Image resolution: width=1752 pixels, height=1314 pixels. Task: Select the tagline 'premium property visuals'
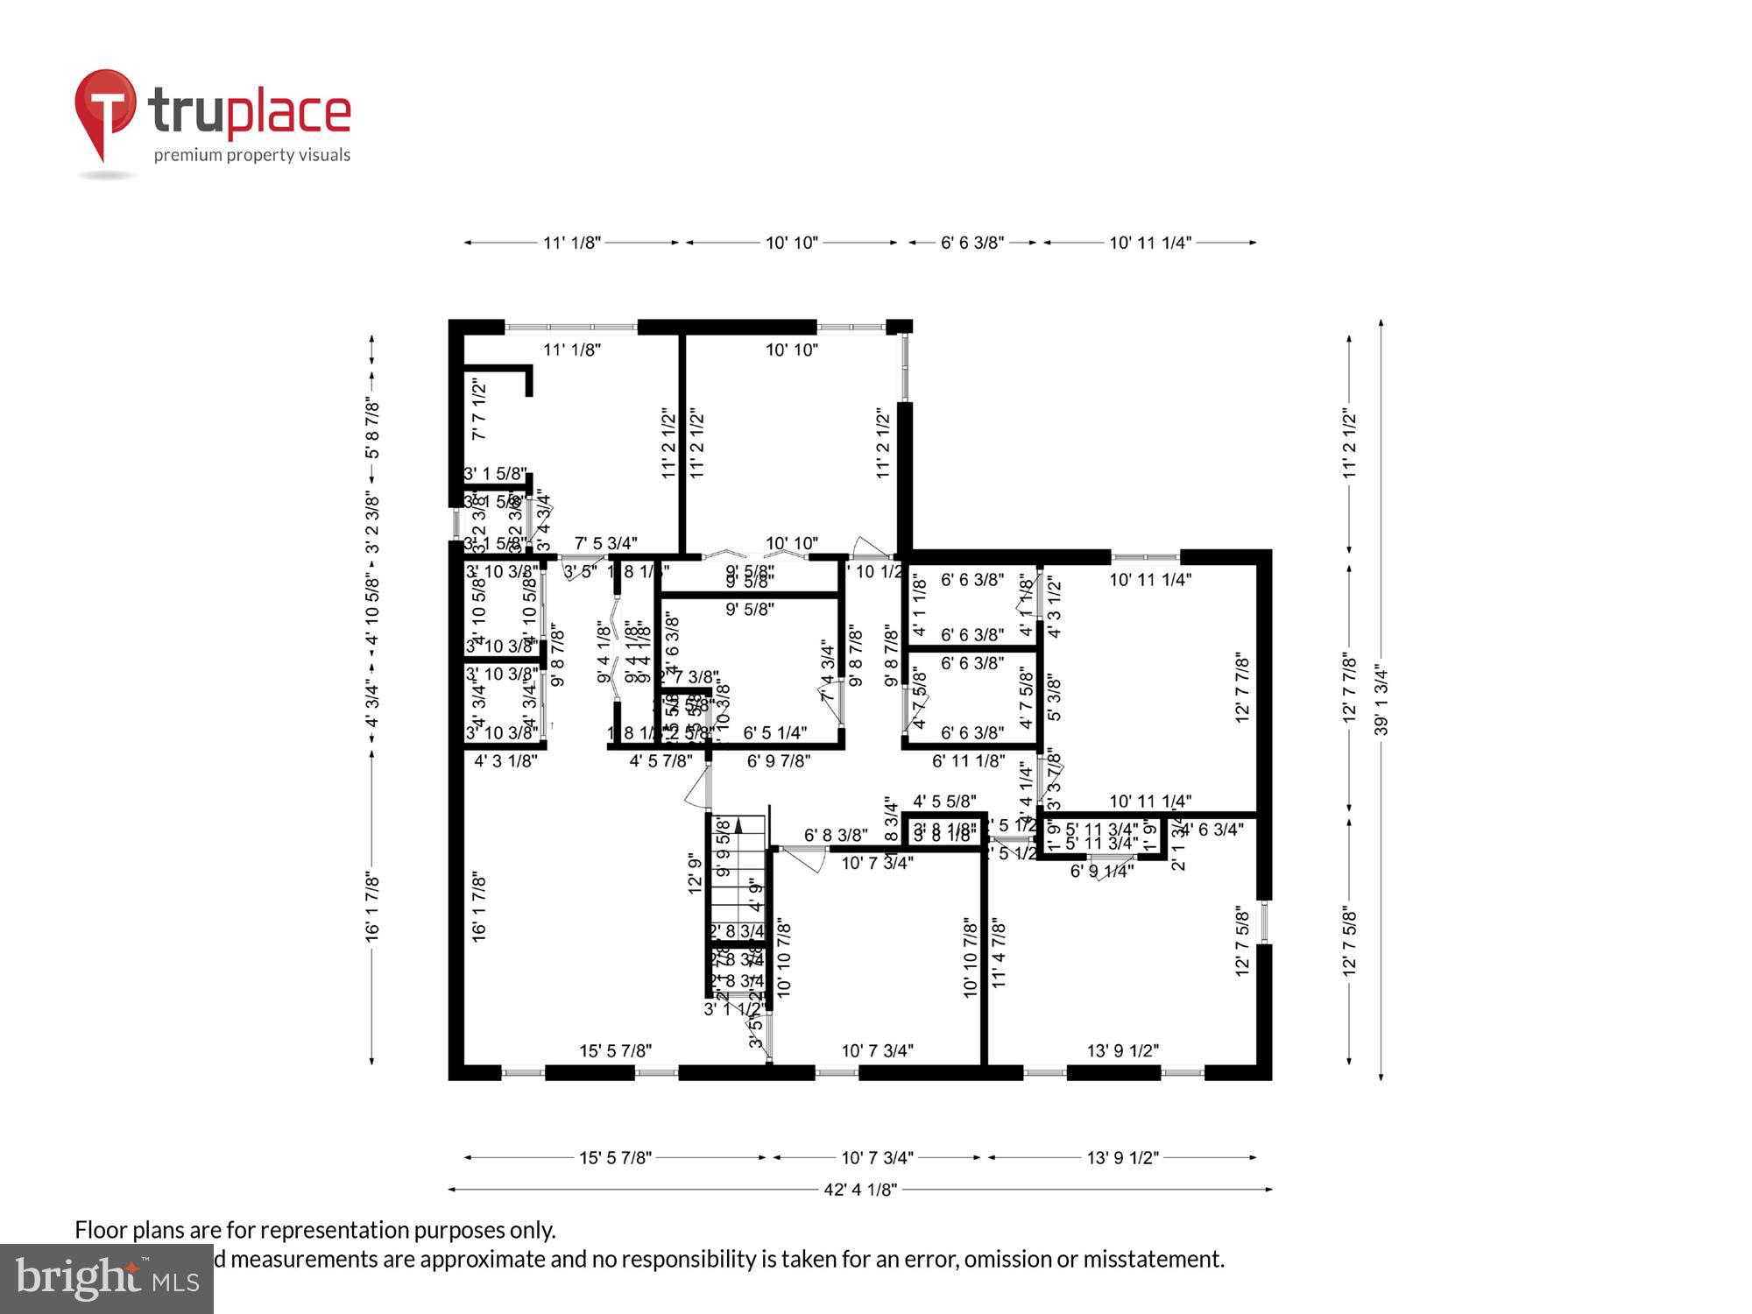point(252,156)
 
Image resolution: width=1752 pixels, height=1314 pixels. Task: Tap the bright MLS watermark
point(107,1279)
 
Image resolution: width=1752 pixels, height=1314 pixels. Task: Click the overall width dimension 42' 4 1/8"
point(860,1190)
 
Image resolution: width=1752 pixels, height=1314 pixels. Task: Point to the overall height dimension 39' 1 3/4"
point(1381,701)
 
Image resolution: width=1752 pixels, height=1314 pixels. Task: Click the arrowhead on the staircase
point(738,823)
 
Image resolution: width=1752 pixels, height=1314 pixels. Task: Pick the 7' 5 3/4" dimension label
point(605,544)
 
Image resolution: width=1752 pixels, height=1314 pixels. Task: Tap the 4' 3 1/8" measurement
point(505,761)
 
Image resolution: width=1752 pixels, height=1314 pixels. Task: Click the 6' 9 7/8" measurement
point(778,761)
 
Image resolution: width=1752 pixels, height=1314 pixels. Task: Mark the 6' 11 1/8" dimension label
point(968,761)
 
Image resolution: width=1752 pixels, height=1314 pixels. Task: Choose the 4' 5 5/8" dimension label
point(944,801)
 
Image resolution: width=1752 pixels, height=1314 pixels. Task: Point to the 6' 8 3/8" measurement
point(836,836)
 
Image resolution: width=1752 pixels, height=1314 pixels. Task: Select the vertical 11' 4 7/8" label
point(999,954)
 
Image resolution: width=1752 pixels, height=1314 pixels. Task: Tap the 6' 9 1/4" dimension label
point(1102,871)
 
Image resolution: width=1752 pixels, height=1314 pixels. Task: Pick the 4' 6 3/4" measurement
point(1213,830)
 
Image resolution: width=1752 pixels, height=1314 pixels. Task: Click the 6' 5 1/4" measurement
point(774,732)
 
